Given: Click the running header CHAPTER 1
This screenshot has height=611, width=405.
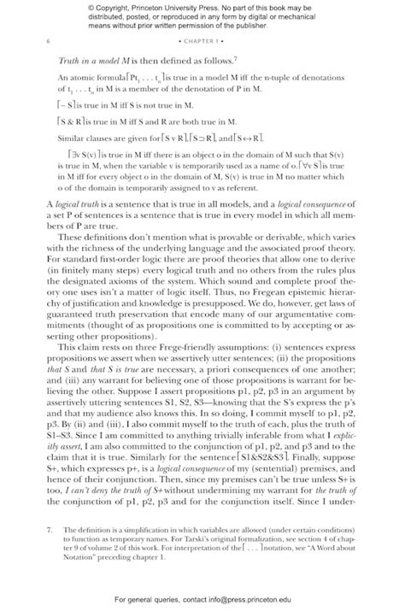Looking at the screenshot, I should click(202, 41).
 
